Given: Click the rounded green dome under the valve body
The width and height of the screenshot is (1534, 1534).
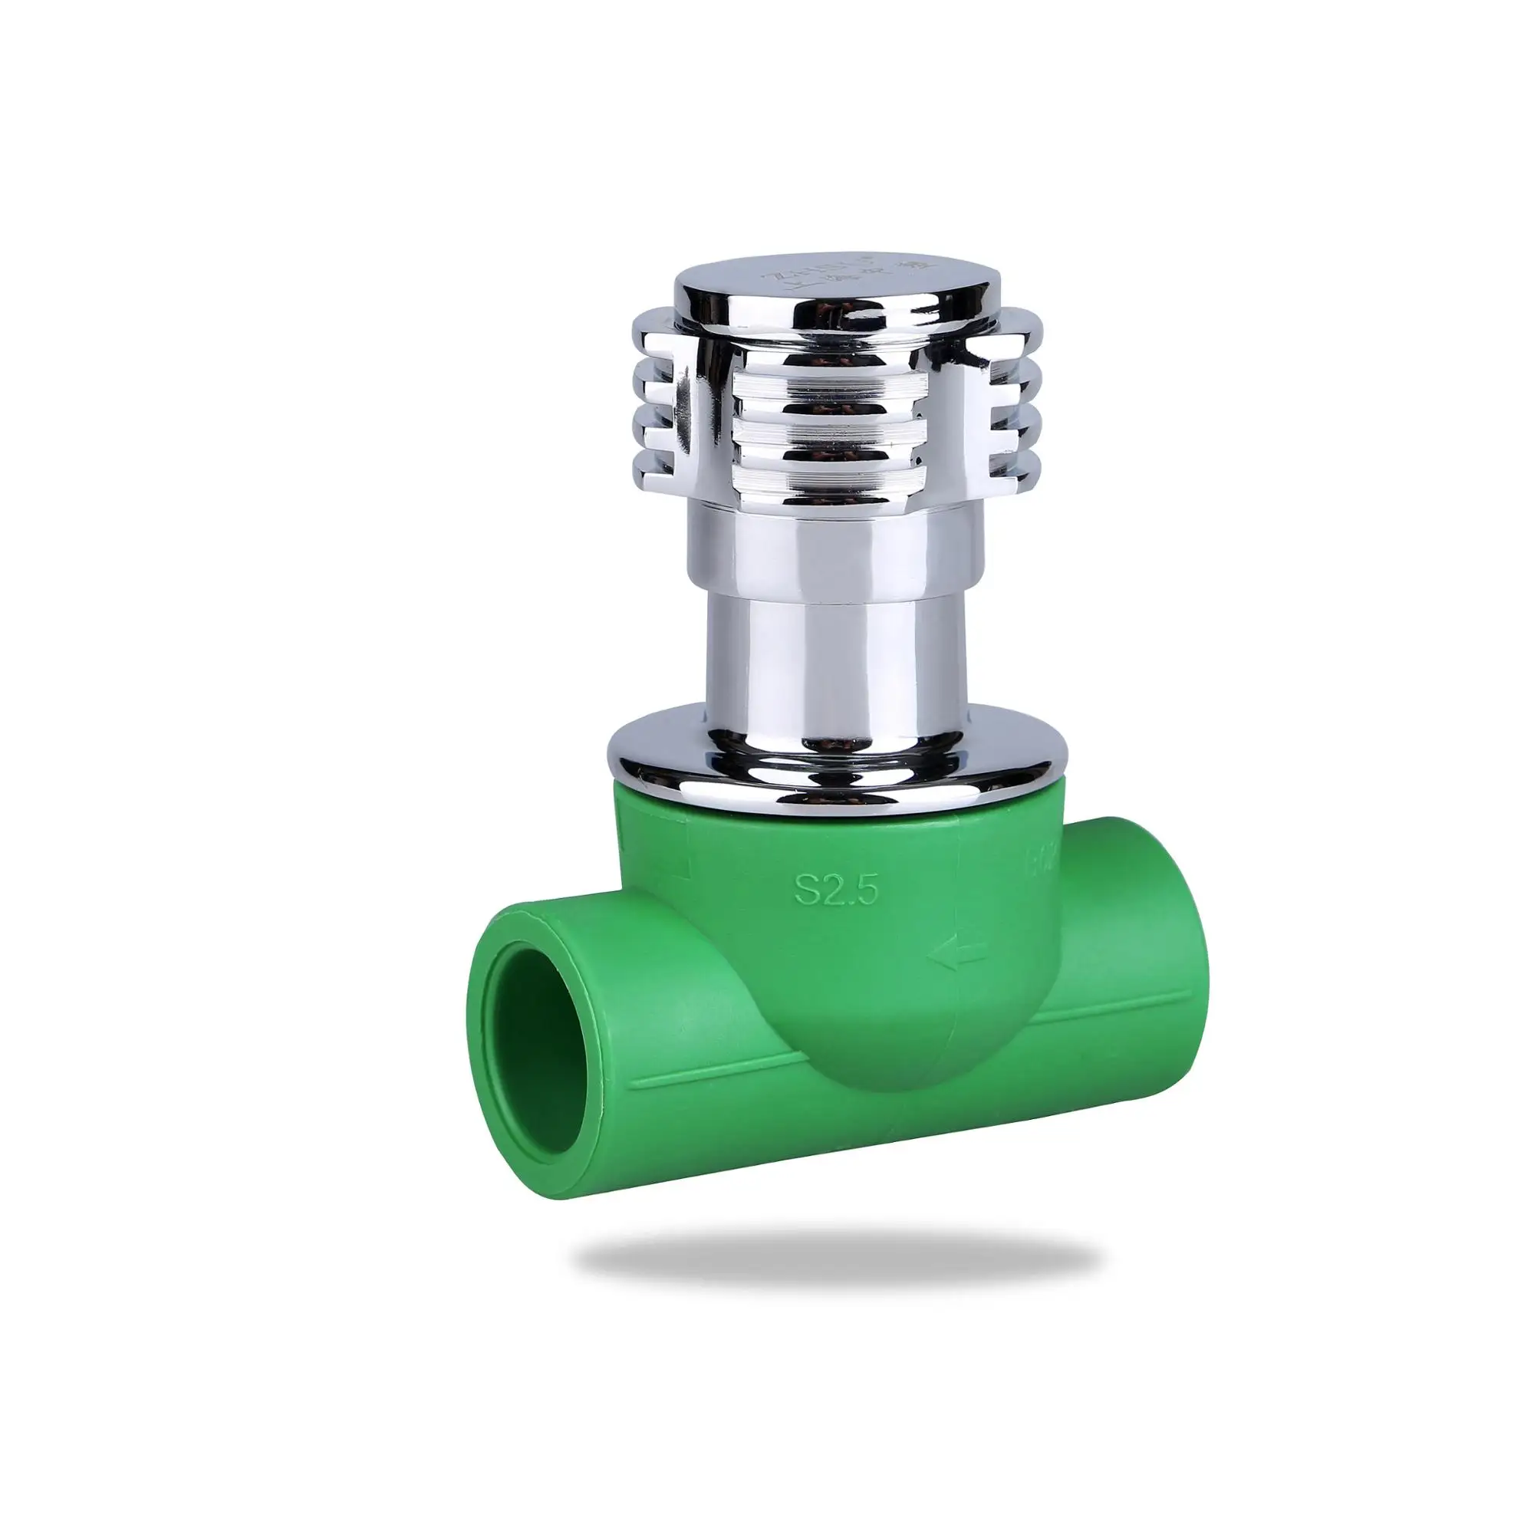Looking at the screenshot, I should (x=865, y=1048).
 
